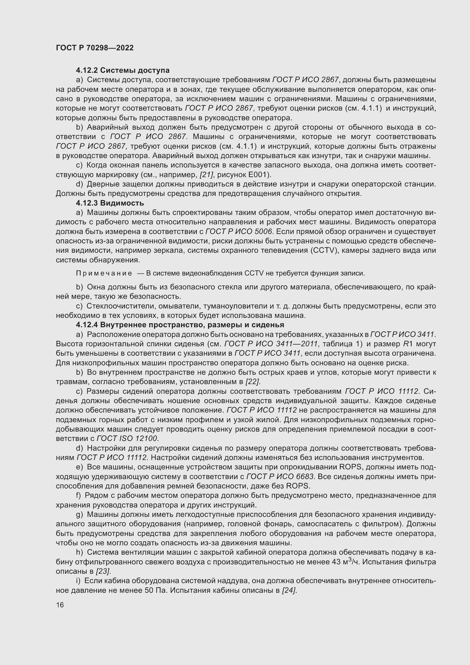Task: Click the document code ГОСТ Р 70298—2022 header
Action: (x=95, y=48)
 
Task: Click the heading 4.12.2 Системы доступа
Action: (x=123, y=71)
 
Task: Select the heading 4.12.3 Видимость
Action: (x=110, y=203)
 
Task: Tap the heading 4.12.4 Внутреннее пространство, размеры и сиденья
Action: (x=180, y=325)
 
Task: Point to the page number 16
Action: (x=60, y=605)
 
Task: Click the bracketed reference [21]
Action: (x=207, y=175)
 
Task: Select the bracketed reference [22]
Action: (x=253, y=382)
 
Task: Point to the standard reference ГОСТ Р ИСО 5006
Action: (x=239, y=232)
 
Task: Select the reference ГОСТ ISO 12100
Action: (x=128, y=438)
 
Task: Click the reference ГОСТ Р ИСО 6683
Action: (x=280, y=477)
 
